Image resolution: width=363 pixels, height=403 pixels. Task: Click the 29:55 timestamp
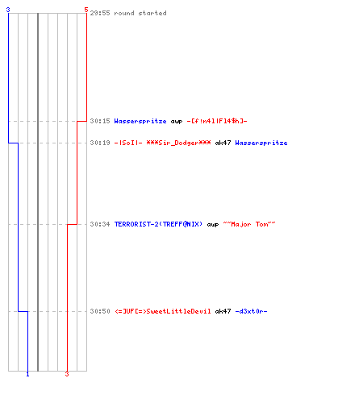(100, 13)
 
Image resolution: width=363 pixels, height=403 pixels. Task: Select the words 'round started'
(140, 13)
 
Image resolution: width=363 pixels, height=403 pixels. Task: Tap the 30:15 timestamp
(100, 121)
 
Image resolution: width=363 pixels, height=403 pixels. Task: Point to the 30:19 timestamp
(100, 143)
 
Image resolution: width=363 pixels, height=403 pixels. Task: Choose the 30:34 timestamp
(100, 224)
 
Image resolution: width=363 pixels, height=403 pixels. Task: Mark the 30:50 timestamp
(100, 311)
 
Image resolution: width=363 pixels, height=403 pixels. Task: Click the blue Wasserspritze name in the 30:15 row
(140, 121)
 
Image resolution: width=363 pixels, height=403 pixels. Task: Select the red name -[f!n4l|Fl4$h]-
(217, 121)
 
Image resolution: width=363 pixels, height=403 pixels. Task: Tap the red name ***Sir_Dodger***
(178, 143)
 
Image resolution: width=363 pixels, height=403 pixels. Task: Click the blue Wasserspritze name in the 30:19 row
(261, 143)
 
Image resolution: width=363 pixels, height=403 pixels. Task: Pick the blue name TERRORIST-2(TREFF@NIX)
(158, 224)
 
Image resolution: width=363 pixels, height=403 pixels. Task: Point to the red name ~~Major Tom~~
(249, 224)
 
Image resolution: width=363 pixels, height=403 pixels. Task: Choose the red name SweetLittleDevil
(178, 311)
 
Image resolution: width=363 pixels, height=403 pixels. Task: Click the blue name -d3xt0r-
(251, 311)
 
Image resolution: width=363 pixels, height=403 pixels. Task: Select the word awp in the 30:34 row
(213, 225)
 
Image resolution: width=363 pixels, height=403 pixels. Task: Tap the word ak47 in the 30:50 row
(223, 311)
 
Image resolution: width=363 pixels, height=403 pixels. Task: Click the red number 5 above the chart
(86, 10)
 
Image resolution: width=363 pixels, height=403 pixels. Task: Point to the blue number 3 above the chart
(8, 10)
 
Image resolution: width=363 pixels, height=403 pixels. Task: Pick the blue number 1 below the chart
(27, 374)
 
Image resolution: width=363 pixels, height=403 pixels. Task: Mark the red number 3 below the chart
(67, 374)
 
